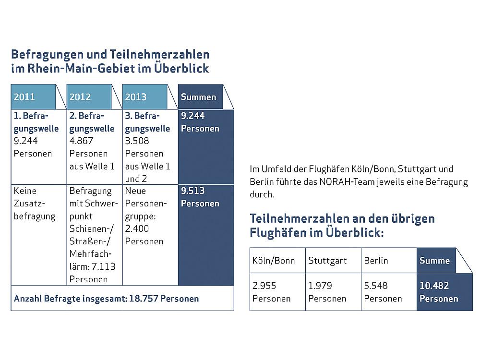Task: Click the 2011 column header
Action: (x=33, y=97)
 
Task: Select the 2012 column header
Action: (x=89, y=97)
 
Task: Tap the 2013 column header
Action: (x=144, y=97)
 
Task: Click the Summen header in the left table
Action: (x=199, y=97)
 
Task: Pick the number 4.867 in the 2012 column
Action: (x=81, y=141)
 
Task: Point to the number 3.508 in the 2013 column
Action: (x=137, y=141)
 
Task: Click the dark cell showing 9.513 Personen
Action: (x=205, y=197)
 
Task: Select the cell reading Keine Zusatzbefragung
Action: (x=35, y=204)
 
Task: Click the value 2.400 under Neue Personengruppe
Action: (x=137, y=229)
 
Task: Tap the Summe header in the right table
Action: (x=435, y=261)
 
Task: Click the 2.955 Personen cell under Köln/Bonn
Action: (x=276, y=292)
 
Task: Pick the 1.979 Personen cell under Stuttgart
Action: (x=332, y=292)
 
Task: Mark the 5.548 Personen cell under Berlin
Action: (x=388, y=292)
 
